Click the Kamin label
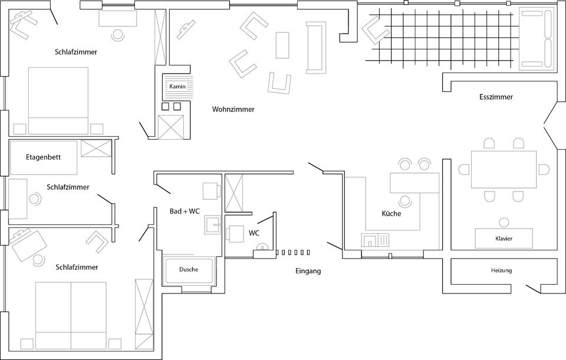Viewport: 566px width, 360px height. (x=177, y=87)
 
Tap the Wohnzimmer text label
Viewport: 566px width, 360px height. (x=233, y=109)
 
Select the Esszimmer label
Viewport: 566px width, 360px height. (x=496, y=97)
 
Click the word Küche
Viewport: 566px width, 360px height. (x=391, y=213)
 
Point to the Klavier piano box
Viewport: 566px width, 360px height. (x=504, y=239)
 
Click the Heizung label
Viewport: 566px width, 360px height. (x=501, y=270)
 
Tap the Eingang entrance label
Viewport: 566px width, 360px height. (x=308, y=271)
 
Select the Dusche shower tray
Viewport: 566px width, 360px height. (x=189, y=270)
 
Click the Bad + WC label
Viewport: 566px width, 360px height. (x=185, y=211)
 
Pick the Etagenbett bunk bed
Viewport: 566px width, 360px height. (x=43, y=157)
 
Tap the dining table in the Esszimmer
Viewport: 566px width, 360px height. (x=504, y=169)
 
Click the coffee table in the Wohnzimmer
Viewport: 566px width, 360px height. (x=283, y=45)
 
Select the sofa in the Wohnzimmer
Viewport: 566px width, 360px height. (x=315, y=47)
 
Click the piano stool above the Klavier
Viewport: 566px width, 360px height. (x=504, y=222)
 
